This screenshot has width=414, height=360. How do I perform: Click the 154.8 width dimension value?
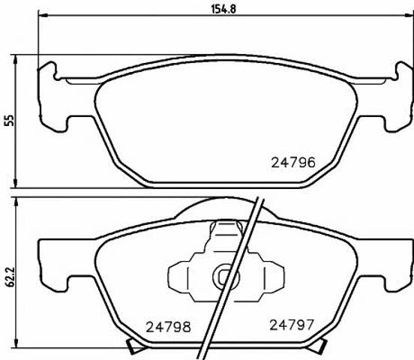(223, 9)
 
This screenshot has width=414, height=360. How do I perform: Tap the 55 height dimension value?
(9, 121)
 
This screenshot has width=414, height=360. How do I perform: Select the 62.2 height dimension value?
(10, 277)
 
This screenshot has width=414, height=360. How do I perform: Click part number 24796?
(293, 163)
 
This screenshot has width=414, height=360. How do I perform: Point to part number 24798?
(169, 327)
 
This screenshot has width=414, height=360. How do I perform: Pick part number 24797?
(292, 325)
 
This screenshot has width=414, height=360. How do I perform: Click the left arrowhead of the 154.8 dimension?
(43, 16)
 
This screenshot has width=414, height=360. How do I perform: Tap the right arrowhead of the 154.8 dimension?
(409, 16)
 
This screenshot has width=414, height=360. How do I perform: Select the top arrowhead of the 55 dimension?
(16, 59)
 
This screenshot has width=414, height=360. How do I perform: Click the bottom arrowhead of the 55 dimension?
(16, 183)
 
